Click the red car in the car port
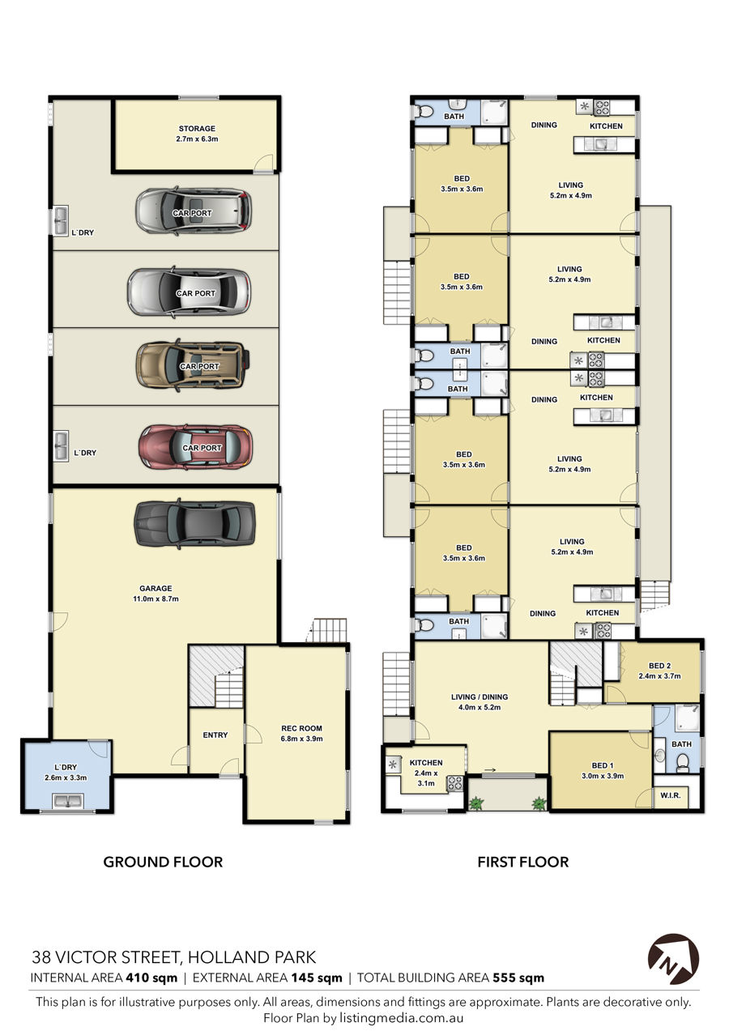[195, 446]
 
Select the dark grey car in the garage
[194, 524]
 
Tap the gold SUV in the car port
[194, 365]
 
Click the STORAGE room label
[197, 129]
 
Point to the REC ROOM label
[301, 728]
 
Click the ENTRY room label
[215, 735]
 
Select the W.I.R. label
[670, 795]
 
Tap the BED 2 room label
[659, 666]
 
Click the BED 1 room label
[603, 765]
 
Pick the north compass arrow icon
[673, 959]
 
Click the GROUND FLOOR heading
[163, 862]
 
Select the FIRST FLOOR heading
[522, 862]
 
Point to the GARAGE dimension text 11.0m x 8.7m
[156, 599]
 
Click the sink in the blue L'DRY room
[68, 801]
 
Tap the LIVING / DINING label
[480, 697]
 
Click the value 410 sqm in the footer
[150, 978]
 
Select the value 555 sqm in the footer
[518, 978]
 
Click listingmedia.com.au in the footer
[401, 1018]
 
